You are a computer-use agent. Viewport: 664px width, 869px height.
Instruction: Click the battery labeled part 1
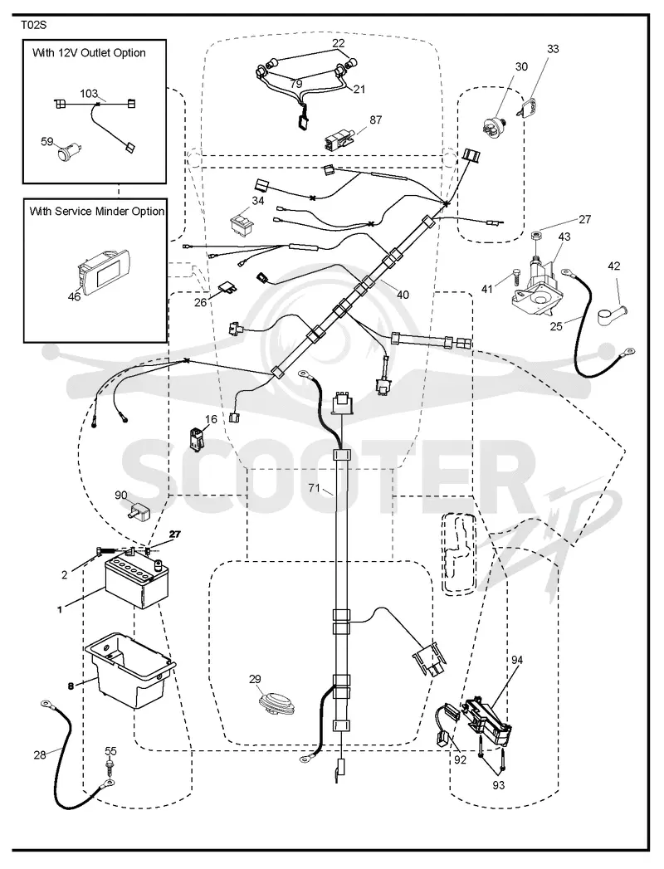136,582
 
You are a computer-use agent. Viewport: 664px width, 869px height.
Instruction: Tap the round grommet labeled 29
278,703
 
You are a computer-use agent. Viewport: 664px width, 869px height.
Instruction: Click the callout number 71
315,488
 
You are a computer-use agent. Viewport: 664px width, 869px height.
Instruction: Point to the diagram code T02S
35,25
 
